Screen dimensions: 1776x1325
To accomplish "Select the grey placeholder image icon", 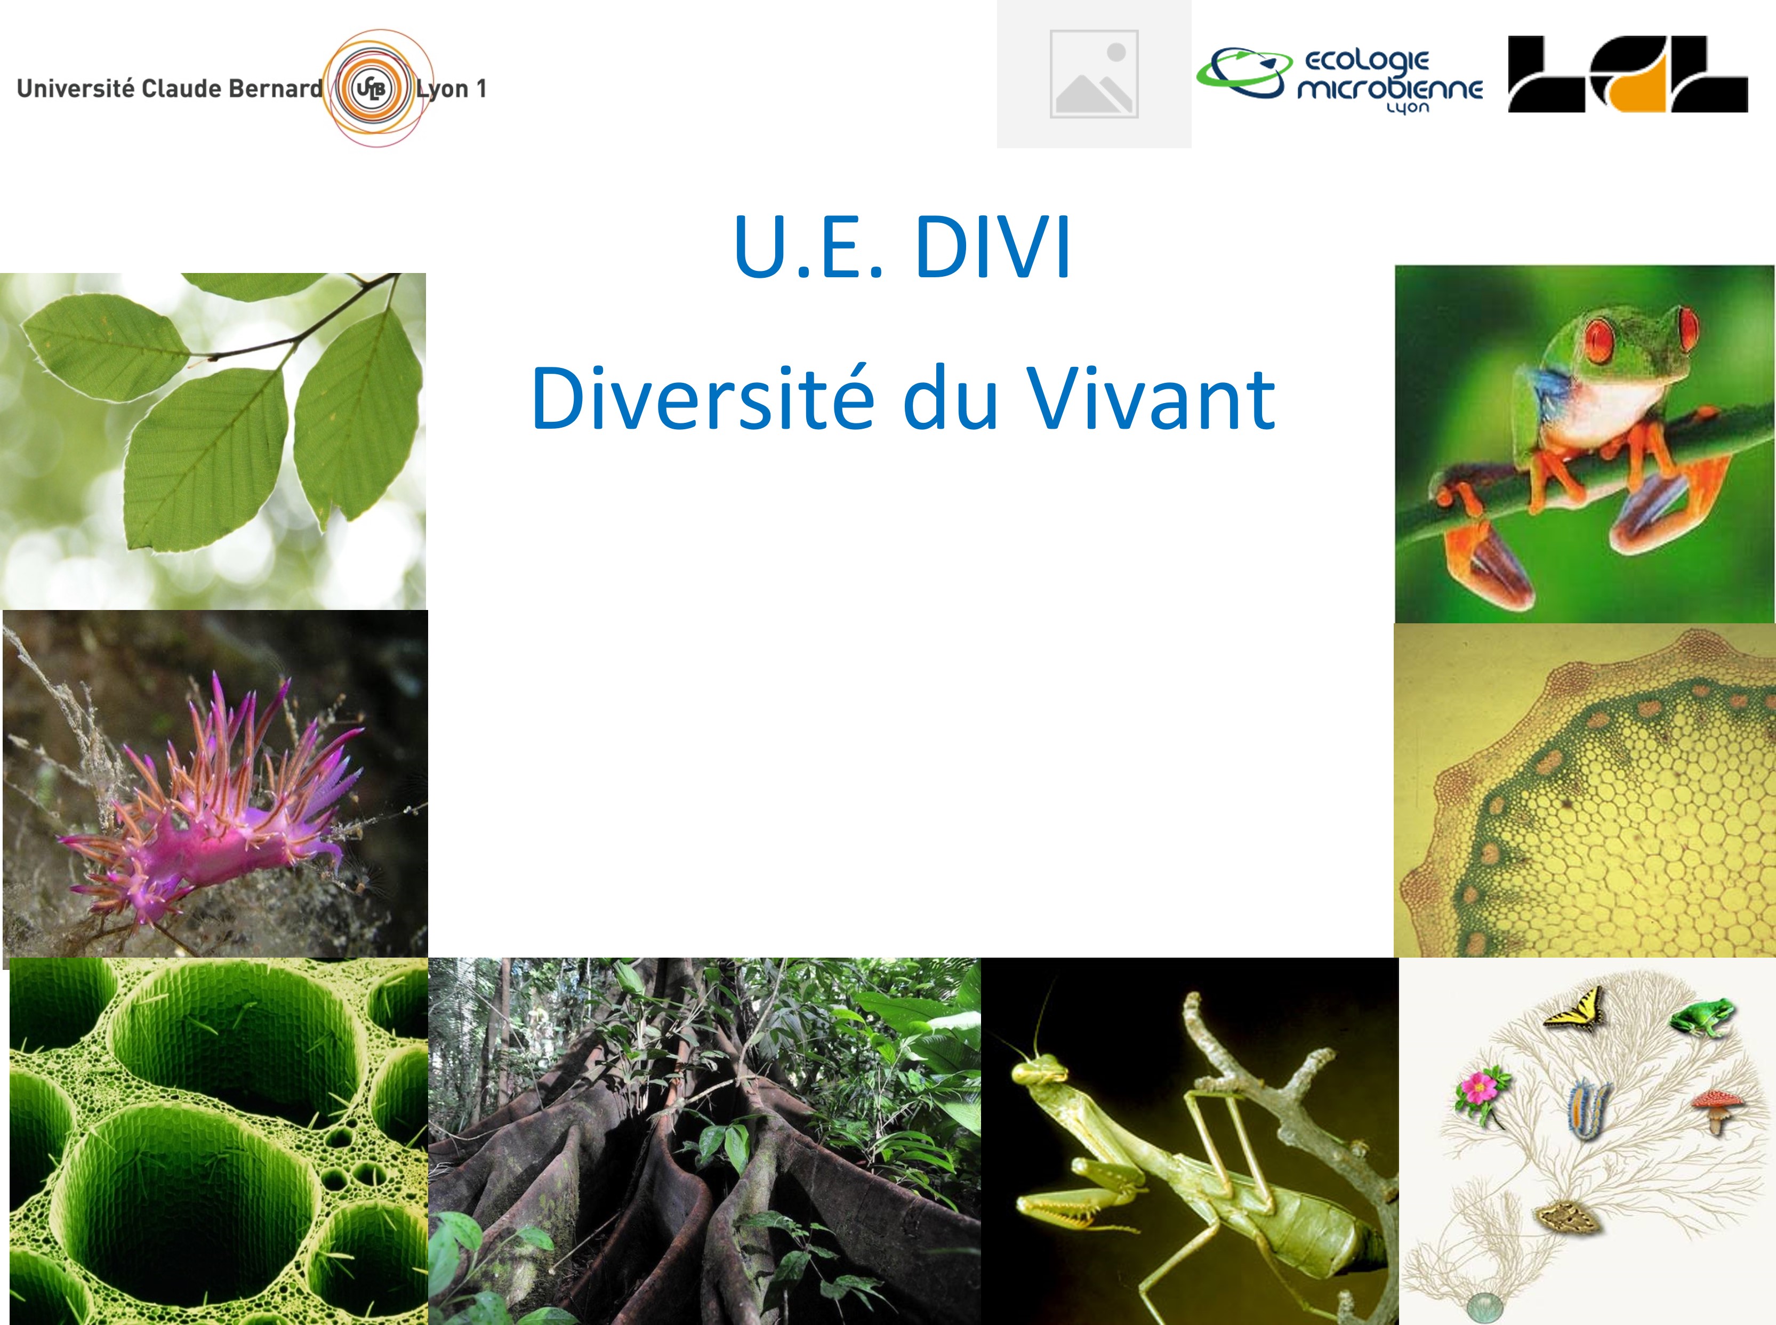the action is (1094, 74).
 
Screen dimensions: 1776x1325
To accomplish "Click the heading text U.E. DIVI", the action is (903, 247).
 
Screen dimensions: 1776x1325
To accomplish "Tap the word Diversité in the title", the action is (702, 398).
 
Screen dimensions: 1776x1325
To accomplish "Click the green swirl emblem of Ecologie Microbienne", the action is (1244, 72).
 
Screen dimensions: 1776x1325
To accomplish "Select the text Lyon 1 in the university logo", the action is (452, 88).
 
